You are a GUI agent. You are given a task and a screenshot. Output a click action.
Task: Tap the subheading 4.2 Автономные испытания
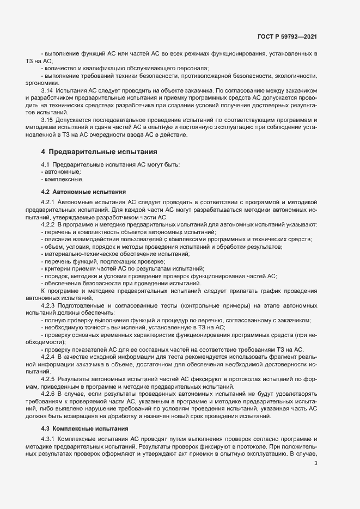pyautogui.click(x=83, y=192)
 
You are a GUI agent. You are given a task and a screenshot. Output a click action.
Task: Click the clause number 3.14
pyautogui.click(x=47, y=89)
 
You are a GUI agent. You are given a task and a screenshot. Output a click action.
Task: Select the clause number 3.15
pyautogui.click(x=47, y=119)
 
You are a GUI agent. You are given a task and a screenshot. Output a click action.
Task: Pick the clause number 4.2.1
pyautogui.click(x=48, y=202)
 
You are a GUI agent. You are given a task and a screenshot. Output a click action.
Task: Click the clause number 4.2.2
pyautogui.click(x=48, y=224)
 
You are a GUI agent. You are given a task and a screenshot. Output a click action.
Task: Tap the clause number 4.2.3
pyautogui.click(x=48, y=305)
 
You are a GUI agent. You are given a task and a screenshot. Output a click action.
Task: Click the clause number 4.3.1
pyautogui.click(x=48, y=424)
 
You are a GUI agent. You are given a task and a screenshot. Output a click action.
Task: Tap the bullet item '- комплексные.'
pyautogui.click(x=62, y=180)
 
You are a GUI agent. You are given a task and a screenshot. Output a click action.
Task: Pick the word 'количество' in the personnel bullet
pyautogui.click(x=59, y=68)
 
